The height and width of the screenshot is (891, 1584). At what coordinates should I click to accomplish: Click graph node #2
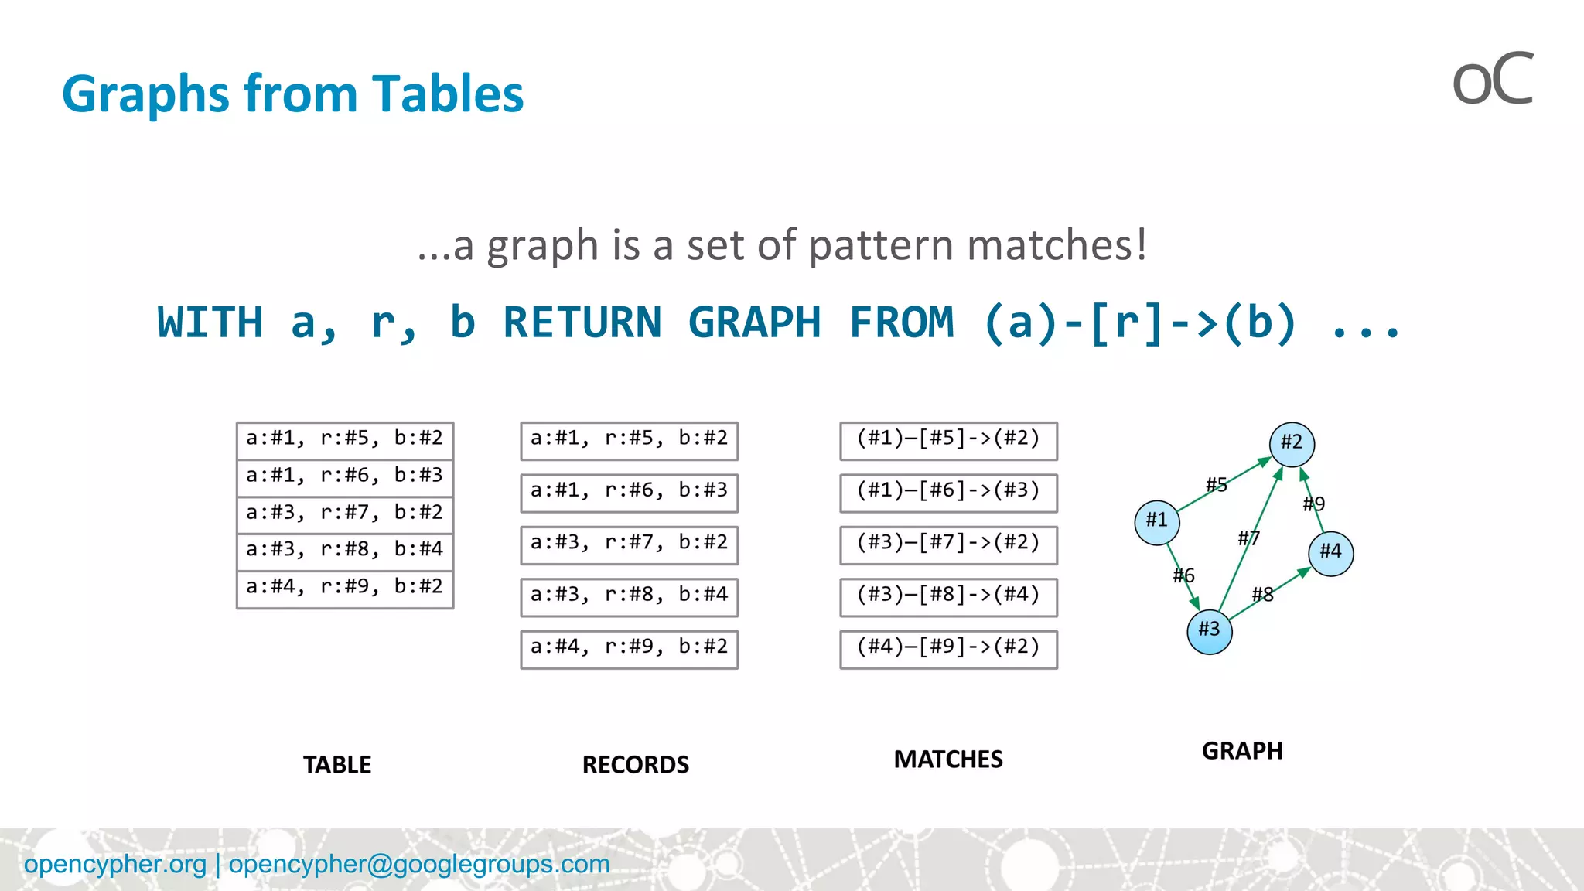coord(1292,444)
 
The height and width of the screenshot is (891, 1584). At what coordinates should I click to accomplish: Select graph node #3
coord(1209,631)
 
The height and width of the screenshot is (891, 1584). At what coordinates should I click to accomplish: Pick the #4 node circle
coord(1330,553)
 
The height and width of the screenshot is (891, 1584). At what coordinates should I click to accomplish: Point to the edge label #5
coord(1217,485)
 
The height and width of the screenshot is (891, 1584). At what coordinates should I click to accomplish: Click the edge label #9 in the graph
coord(1314,504)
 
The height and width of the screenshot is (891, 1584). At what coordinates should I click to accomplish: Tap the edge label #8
coord(1263,595)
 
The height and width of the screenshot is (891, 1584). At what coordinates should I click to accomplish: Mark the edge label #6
coord(1183,575)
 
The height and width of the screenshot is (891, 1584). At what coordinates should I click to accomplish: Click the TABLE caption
coord(337,765)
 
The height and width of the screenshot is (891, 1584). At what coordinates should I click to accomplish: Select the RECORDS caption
coord(635,765)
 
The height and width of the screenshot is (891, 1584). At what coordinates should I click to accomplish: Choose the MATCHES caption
coord(948,760)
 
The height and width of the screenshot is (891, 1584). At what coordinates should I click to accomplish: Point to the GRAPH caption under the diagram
coord(1242,751)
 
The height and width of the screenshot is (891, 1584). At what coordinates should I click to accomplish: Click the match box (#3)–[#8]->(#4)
coord(948,596)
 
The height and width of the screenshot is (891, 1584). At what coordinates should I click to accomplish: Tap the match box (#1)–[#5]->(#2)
coord(948,440)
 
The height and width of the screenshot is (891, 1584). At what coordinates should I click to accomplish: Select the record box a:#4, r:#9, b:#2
coord(629,648)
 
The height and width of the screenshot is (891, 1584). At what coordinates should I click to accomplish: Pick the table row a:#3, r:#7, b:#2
coord(345,513)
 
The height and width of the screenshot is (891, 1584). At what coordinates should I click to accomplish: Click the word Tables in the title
coord(447,94)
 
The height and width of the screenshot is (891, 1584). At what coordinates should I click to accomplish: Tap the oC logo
coord(1493,80)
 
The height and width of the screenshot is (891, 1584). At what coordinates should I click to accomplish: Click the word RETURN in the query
coord(582,323)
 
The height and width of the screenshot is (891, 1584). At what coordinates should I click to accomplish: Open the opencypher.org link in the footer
coord(115,864)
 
